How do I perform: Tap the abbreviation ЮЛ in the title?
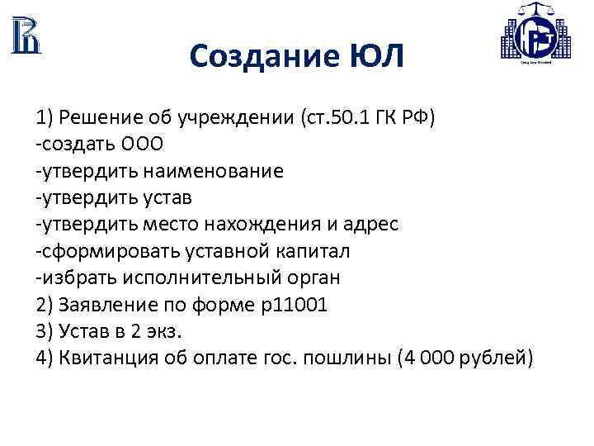pyautogui.click(x=376, y=57)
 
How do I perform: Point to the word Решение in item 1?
pyautogui.click(x=95, y=117)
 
